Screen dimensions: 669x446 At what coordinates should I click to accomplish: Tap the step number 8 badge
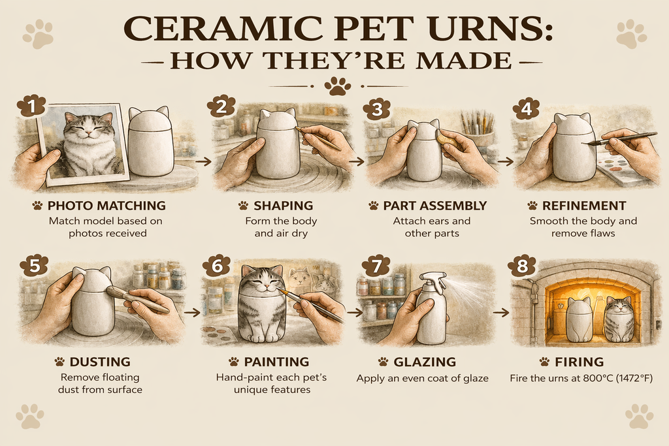(x=522, y=266)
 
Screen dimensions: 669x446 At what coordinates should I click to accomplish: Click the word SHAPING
(x=284, y=206)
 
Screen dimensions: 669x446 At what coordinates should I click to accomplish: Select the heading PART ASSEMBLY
(x=434, y=206)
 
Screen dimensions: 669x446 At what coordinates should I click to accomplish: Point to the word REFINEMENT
(x=584, y=206)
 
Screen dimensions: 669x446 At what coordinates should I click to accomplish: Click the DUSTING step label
(x=100, y=362)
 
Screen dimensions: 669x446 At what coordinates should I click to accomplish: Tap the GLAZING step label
(x=425, y=362)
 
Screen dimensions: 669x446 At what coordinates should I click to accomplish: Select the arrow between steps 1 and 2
(x=205, y=161)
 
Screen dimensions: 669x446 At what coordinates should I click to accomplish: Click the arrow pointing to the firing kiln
(x=501, y=313)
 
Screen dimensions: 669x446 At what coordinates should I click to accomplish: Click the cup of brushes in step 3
(x=478, y=132)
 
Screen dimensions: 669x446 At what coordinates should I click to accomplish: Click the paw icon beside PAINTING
(x=233, y=362)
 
